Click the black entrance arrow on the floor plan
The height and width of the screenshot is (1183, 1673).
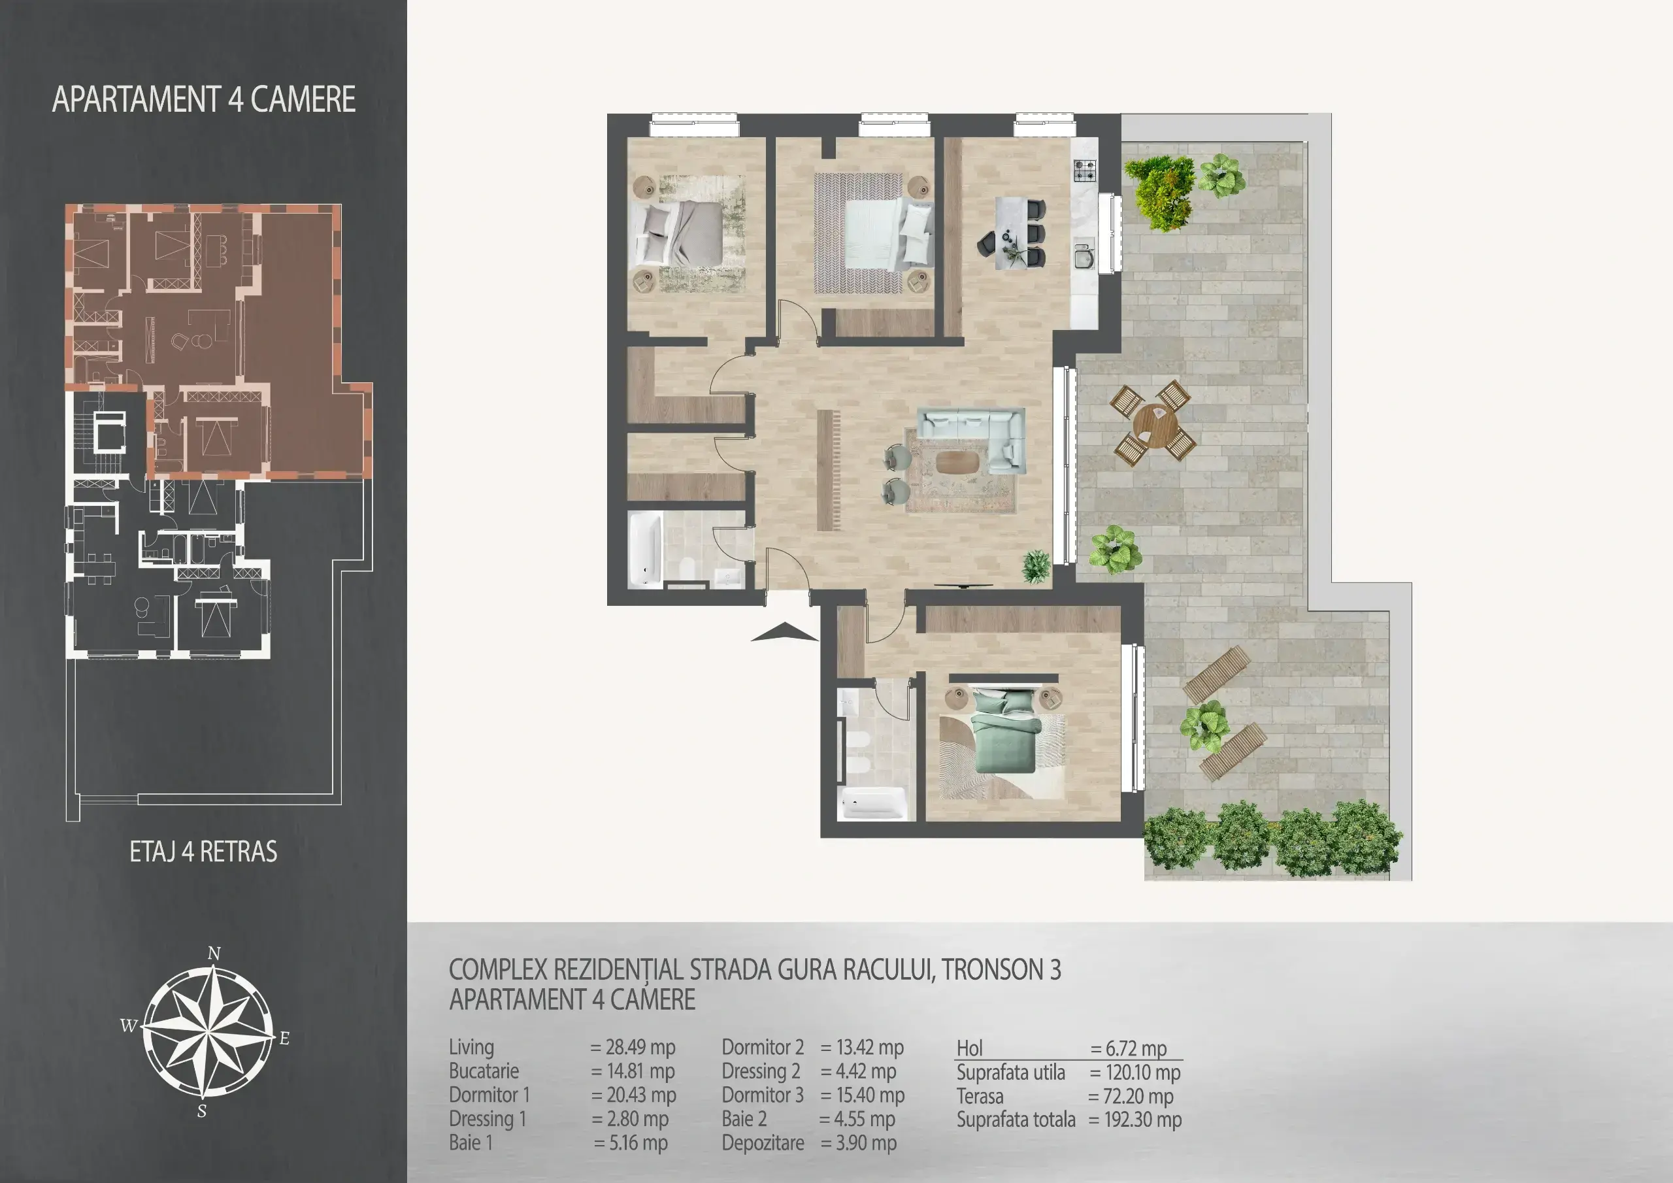click(x=785, y=633)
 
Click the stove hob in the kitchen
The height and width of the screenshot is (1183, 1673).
click(x=1084, y=170)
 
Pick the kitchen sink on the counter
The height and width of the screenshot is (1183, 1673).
click(x=1084, y=257)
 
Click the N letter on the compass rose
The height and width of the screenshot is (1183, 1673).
click(x=214, y=954)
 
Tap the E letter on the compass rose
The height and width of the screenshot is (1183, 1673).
click(x=284, y=1038)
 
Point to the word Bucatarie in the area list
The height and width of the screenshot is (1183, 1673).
click(x=484, y=1071)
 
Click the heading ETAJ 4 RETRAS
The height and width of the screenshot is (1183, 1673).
click(x=203, y=852)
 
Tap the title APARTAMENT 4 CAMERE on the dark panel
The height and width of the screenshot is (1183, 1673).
click(x=204, y=99)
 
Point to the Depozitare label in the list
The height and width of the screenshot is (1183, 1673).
click(x=763, y=1143)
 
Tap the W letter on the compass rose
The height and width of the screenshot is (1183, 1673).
click(x=128, y=1026)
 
